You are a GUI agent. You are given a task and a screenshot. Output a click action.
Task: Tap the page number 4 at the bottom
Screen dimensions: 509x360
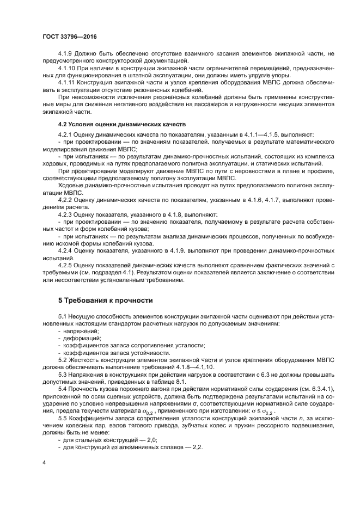point(44,463)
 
